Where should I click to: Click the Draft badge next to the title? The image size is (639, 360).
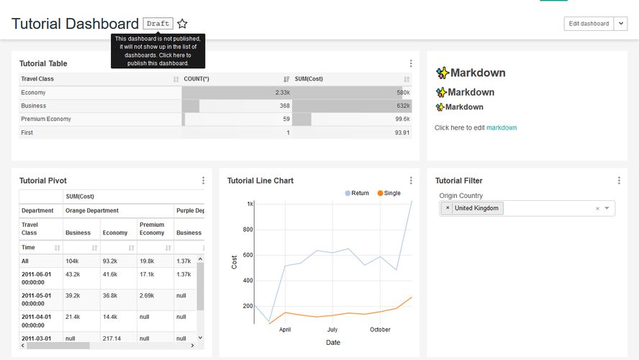(x=158, y=24)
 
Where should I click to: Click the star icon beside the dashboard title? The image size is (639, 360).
(x=183, y=24)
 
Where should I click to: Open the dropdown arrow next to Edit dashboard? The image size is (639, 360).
(x=621, y=24)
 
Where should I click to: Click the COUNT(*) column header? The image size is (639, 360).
(x=196, y=79)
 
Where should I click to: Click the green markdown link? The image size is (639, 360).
(x=502, y=127)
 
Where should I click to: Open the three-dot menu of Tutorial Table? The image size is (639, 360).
(x=411, y=63)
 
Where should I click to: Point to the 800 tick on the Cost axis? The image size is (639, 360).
(x=247, y=230)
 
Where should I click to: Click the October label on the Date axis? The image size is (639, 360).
(x=380, y=330)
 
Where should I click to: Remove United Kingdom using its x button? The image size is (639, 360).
(x=448, y=208)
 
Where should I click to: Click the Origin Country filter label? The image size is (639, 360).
(x=461, y=196)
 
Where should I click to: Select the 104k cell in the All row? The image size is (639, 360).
(x=72, y=261)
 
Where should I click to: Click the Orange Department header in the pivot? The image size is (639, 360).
(x=92, y=211)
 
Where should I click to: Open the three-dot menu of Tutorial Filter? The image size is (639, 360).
(x=619, y=181)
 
